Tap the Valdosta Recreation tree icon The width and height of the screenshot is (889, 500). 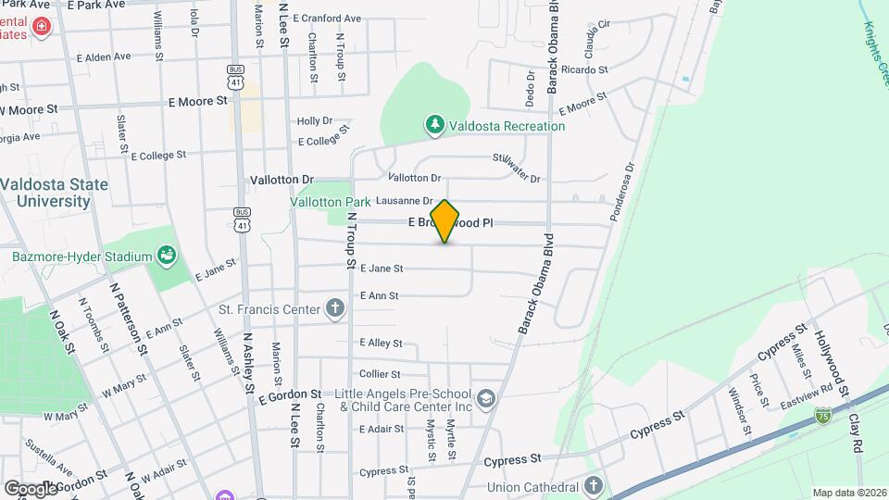click(433, 124)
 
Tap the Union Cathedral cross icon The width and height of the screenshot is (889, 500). click(594, 486)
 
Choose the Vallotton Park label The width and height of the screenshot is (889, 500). click(330, 201)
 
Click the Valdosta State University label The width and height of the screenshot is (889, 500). click(54, 192)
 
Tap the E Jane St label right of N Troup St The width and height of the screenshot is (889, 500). click(382, 269)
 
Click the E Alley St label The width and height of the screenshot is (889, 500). click(382, 343)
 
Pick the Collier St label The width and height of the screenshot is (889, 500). click(379, 373)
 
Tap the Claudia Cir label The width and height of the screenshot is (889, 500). click(597, 38)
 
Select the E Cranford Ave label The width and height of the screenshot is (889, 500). click(326, 18)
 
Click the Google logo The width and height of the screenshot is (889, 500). click(31, 488)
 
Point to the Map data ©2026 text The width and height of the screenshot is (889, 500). click(848, 493)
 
